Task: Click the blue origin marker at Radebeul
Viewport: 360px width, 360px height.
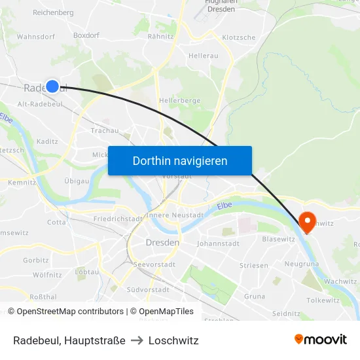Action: [x=52, y=86]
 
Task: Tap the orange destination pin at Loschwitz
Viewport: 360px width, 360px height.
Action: [x=306, y=221]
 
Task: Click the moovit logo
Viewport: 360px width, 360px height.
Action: [x=321, y=339]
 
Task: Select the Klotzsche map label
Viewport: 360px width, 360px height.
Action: [x=239, y=37]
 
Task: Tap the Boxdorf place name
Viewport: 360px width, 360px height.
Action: [x=86, y=36]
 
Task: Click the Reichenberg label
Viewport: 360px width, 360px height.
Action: [x=53, y=12]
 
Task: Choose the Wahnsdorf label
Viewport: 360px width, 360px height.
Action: [x=36, y=37]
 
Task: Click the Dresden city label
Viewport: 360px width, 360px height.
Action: [x=162, y=243]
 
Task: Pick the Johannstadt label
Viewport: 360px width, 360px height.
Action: [x=218, y=243]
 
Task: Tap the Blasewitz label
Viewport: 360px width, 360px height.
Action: [x=278, y=239]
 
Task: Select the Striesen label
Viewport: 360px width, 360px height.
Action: [x=253, y=265]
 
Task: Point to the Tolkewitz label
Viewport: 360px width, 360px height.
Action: [x=323, y=300]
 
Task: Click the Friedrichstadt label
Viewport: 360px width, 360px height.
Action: [x=118, y=219]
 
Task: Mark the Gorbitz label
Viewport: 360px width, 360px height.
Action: [x=36, y=260]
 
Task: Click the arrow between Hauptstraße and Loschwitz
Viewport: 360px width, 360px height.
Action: [x=137, y=340]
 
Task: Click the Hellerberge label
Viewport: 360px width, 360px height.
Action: [x=179, y=101]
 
